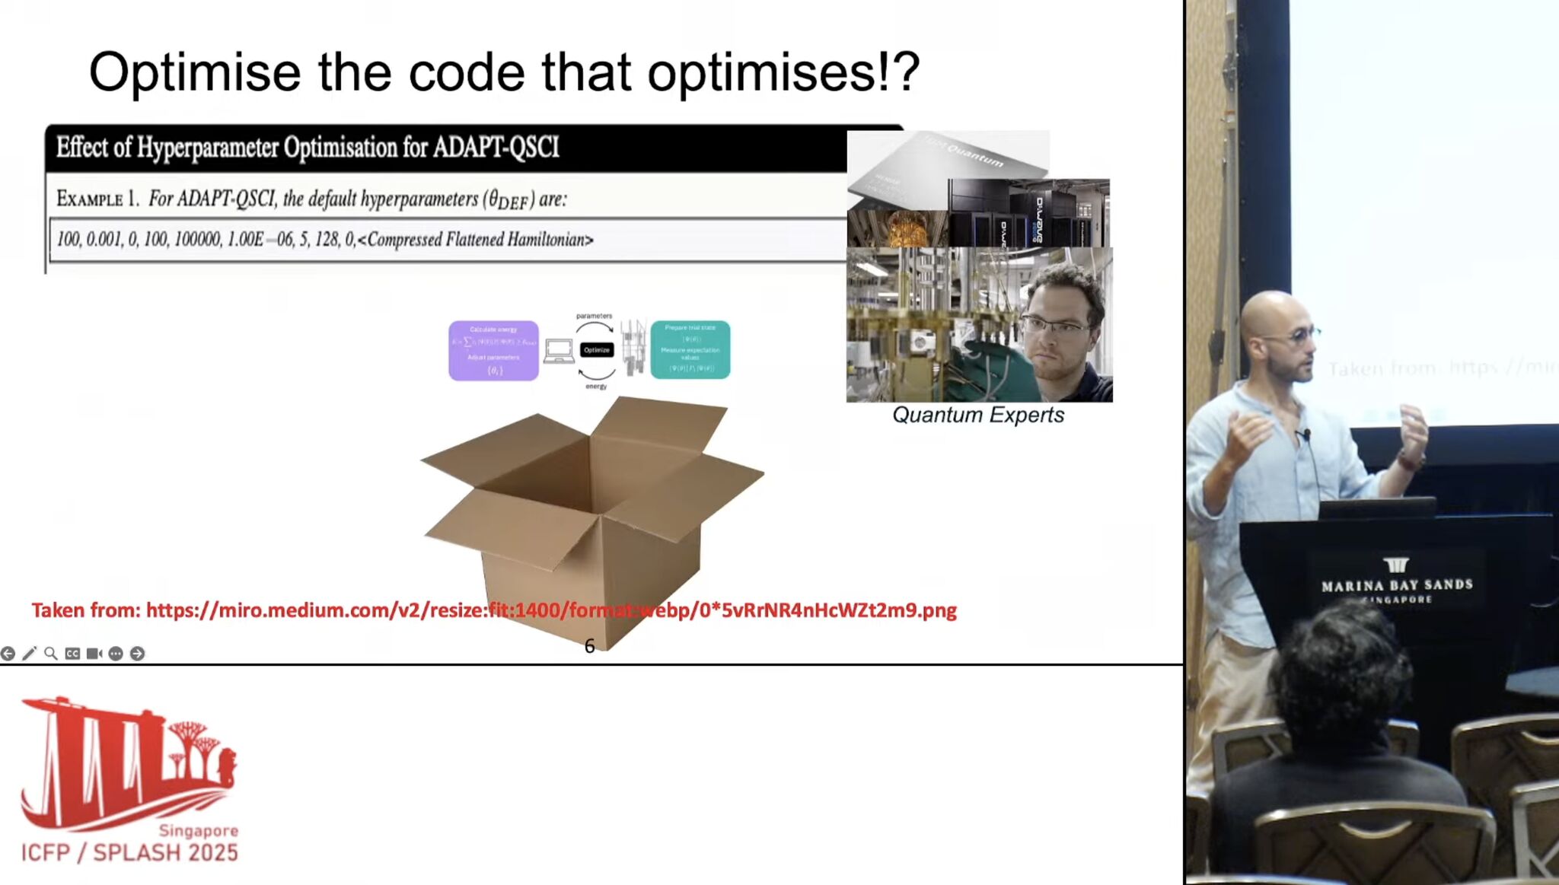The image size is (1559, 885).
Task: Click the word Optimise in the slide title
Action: pyautogui.click(x=195, y=73)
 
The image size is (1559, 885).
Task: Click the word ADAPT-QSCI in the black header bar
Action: pyautogui.click(x=496, y=147)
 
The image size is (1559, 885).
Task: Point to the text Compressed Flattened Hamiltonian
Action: pyautogui.click(x=480, y=240)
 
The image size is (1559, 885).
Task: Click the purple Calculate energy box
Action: pyautogui.click(x=493, y=350)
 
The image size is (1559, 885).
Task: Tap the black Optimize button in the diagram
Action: pyautogui.click(x=597, y=350)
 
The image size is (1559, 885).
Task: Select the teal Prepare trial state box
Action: pyautogui.click(x=690, y=350)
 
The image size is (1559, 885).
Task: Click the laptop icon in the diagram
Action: pyautogui.click(x=559, y=351)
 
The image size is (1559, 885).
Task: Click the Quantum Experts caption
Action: pyautogui.click(x=978, y=415)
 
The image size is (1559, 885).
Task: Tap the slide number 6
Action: pyautogui.click(x=589, y=646)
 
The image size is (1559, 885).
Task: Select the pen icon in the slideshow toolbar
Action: pyautogui.click(x=29, y=654)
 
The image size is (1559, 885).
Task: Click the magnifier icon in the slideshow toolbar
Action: pyautogui.click(x=51, y=654)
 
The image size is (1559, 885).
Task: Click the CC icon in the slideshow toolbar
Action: pyautogui.click(x=72, y=654)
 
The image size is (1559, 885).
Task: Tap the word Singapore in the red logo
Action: pyautogui.click(x=198, y=830)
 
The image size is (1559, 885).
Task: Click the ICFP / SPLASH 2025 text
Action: pyautogui.click(x=129, y=852)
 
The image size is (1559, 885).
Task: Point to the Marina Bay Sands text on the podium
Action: pyautogui.click(x=1397, y=585)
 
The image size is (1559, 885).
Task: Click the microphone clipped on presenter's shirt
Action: pyautogui.click(x=1306, y=435)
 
